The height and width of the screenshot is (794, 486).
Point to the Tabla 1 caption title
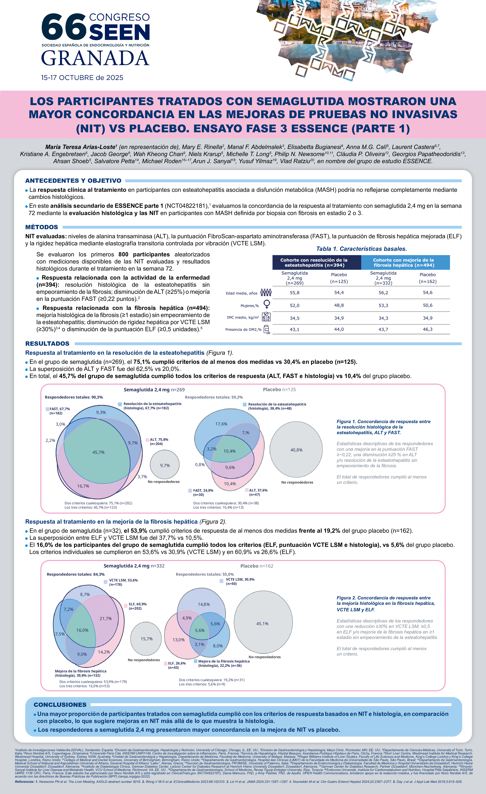click(361, 249)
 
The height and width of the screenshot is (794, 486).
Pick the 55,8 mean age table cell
click(294, 293)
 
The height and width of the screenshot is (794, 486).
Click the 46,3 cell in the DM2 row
click(428, 329)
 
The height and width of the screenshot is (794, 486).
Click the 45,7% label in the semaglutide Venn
click(98, 452)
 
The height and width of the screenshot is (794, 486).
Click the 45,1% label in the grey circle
click(262, 623)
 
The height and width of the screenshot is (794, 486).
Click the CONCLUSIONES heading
click(60, 705)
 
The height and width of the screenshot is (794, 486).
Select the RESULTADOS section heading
click(47, 344)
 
